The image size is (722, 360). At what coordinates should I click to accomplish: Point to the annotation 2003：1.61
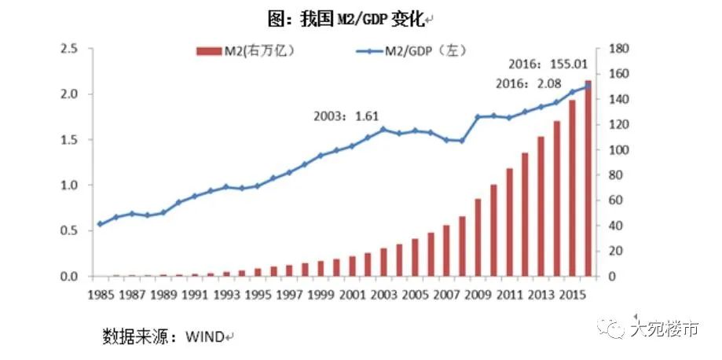[x=346, y=116]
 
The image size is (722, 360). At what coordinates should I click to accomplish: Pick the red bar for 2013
[x=541, y=207]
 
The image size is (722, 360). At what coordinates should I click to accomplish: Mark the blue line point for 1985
[x=100, y=224]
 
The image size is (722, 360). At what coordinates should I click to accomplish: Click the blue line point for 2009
[x=478, y=116]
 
